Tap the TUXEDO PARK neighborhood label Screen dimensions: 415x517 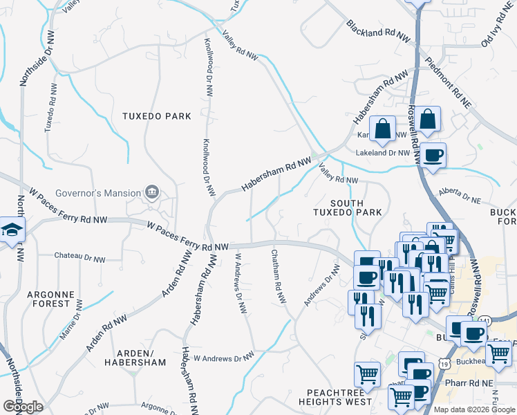click(x=156, y=116)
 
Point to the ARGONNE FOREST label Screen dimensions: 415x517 click(x=49, y=299)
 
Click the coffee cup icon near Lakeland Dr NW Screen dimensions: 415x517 click(x=433, y=155)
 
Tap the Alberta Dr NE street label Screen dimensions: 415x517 click(x=460, y=196)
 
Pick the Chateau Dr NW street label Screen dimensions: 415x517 click(x=80, y=259)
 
